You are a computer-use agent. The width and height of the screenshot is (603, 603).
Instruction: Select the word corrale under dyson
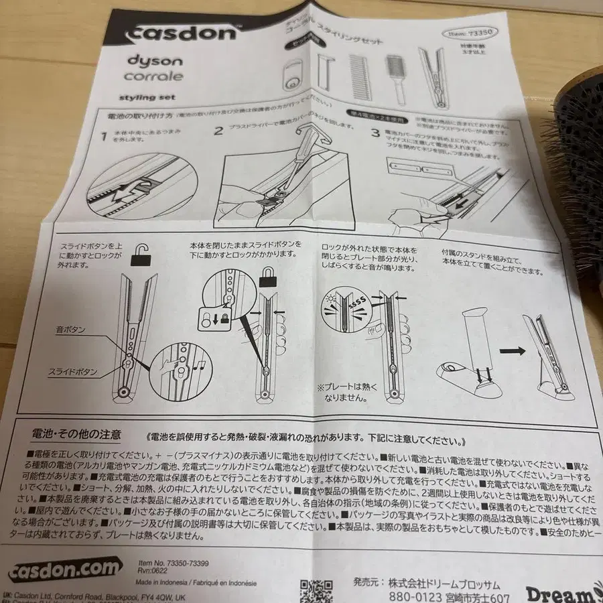(x=144, y=76)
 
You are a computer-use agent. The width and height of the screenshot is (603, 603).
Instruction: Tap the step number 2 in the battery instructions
(x=218, y=130)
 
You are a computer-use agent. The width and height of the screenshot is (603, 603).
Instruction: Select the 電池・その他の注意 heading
(x=70, y=435)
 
